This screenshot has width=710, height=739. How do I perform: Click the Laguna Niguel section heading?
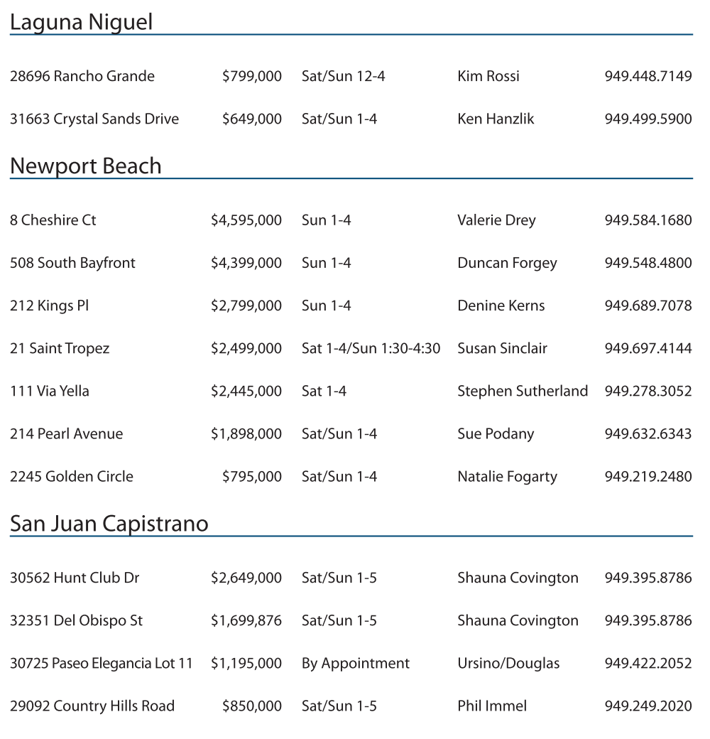point(81,23)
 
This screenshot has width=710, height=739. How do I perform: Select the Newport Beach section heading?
point(85,166)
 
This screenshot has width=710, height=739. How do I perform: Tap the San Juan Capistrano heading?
point(109,524)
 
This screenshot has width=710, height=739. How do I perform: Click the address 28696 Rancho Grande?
point(82,76)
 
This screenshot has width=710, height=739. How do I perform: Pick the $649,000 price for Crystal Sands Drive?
point(251,119)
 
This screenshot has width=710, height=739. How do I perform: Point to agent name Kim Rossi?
point(488,76)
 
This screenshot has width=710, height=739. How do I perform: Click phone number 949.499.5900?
point(648,119)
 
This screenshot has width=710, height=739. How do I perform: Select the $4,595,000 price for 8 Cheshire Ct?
point(246,220)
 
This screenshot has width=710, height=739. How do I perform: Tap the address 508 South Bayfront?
point(72,263)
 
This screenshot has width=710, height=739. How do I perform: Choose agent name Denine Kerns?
point(501,306)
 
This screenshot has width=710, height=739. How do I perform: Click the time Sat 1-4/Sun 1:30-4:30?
point(371,348)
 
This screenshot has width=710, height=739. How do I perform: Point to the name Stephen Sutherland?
point(523,391)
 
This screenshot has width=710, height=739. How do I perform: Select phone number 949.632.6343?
point(648,433)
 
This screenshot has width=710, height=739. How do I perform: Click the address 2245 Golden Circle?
point(72,476)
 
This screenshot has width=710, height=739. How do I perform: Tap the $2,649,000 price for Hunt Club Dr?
point(246,578)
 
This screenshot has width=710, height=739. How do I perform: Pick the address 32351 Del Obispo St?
point(76,620)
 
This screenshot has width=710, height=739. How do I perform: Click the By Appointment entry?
point(356,663)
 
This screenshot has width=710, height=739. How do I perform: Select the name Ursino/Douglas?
point(508,663)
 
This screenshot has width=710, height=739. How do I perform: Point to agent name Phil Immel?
point(492,706)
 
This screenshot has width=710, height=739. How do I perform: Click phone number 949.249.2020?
point(648,706)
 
